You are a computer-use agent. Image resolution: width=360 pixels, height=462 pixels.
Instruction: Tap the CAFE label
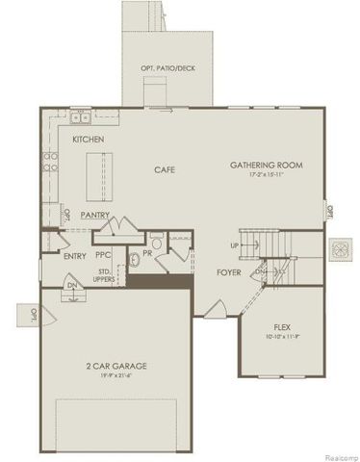[165, 169]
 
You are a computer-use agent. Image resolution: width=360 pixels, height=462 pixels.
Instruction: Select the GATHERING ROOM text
[267, 166]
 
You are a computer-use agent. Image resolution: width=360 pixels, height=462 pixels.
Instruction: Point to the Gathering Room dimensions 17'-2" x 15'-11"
[267, 176]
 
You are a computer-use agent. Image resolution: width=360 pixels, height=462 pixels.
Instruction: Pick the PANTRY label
[94, 215]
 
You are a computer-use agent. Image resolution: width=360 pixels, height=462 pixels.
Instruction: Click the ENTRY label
[74, 256]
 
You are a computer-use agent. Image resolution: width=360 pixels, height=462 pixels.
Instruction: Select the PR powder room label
[148, 252]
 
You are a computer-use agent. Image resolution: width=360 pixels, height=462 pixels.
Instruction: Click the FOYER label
[228, 273]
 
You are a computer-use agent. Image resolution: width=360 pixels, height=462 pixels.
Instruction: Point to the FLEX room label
[283, 326]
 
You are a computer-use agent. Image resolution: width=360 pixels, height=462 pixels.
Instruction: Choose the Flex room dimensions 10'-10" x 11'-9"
[283, 336]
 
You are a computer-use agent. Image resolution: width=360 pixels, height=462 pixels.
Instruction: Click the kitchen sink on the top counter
[81, 119]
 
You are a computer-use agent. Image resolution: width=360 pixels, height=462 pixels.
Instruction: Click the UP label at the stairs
[234, 245]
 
